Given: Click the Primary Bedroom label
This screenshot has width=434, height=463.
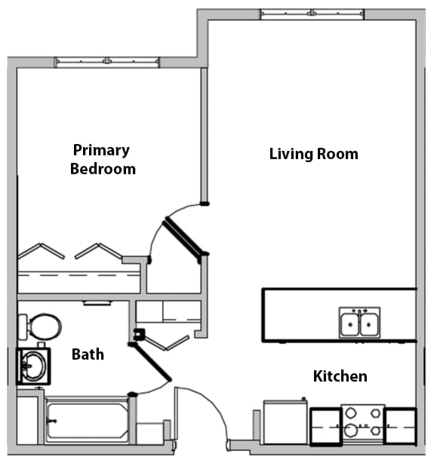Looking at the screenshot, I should click(103, 159).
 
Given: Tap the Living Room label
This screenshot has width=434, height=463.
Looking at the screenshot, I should click(313, 154).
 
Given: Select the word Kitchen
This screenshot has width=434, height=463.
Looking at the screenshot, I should click(340, 376).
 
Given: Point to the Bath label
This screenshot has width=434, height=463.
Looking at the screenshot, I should click(88, 354).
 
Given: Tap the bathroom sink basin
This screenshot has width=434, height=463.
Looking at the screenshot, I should click(32, 366).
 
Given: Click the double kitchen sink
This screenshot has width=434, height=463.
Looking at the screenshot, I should click(359, 323).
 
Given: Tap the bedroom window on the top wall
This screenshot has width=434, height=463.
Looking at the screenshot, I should click(107, 62).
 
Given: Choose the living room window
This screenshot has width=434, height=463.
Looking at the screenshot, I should click(311, 14).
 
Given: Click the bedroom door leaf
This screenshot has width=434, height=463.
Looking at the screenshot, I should click(184, 238).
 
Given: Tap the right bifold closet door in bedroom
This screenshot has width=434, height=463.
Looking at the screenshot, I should click(98, 250).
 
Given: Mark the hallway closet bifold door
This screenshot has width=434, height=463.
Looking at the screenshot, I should click(168, 343).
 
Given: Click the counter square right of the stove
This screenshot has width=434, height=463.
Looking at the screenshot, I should click(400, 425).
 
